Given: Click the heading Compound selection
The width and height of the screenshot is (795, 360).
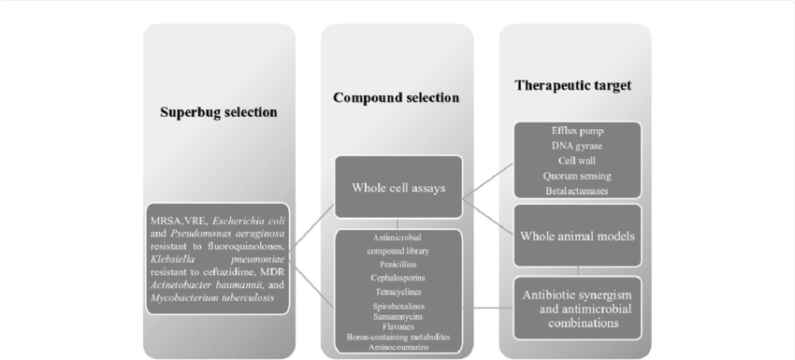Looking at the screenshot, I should click(397, 97).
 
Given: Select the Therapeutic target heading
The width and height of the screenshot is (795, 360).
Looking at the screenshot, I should click(572, 86).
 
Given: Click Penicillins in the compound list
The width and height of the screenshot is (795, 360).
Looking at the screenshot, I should click(397, 265).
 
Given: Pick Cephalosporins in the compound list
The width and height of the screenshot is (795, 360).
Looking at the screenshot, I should click(397, 278).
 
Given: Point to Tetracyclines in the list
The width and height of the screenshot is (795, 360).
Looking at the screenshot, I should click(397, 292).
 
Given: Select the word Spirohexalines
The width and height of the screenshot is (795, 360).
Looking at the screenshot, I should click(397, 306).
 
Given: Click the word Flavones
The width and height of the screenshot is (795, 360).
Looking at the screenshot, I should click(397, 326).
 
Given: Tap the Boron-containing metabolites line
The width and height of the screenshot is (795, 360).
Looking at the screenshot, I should click(397, 337).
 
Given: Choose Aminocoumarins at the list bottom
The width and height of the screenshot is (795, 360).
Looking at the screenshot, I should click(397, 347).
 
